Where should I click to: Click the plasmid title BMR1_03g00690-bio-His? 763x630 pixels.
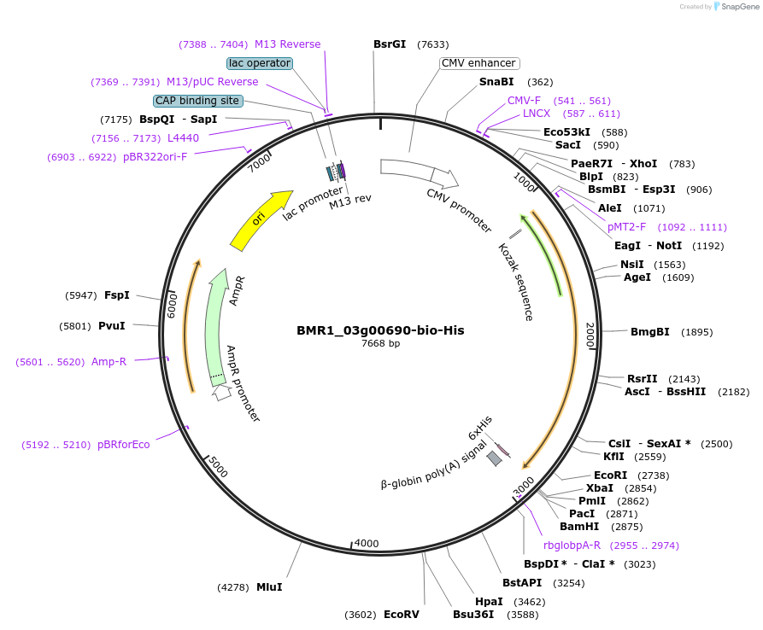click(x=380, y=330)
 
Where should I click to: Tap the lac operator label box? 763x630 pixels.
click(x=260, y=63)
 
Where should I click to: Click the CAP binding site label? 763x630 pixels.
click(x=197, y=101)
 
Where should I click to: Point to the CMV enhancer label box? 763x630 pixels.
click(x=478, y=63)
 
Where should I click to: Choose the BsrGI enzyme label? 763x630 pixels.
click(x=390, y=44)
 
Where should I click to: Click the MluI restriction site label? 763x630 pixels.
click(x=269, y=587)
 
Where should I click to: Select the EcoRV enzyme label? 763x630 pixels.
click(x=401, y=615)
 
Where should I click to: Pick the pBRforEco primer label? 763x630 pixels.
click(x=123, y=445)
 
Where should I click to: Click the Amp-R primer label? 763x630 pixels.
click(x=109, y=362)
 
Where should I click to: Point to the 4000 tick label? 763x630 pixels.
click(x=367, y=544)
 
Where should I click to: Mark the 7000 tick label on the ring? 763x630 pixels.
click(x=259, y=161)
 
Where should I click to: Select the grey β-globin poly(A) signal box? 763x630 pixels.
click(x=494, y=458)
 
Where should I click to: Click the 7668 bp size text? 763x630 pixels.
click(x=380, y=344)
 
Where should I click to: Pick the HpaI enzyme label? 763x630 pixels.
click(x=488, y=602)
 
